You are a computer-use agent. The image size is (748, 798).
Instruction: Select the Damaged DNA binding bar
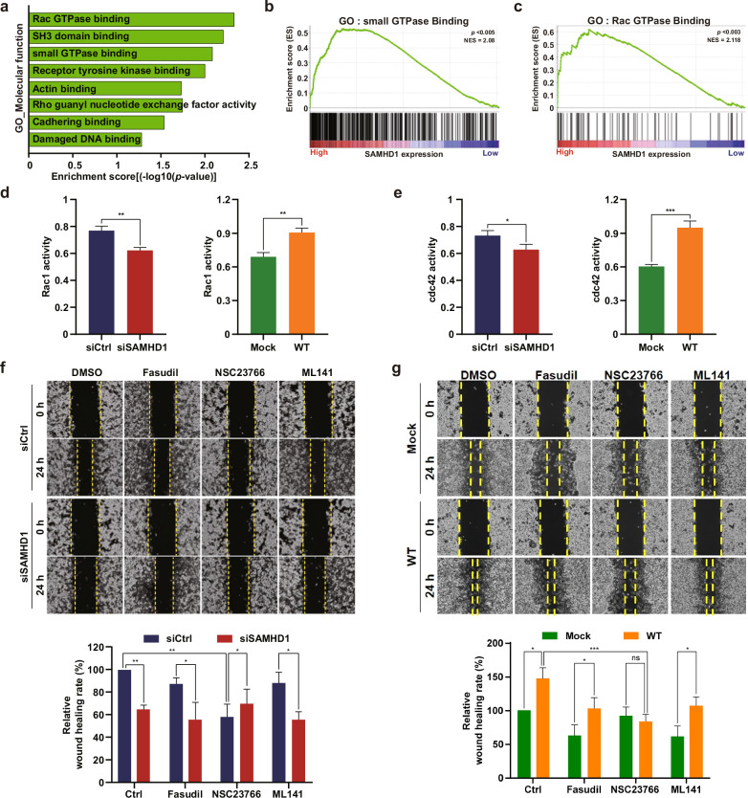86,140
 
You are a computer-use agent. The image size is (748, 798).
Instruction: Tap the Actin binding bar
105,88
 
